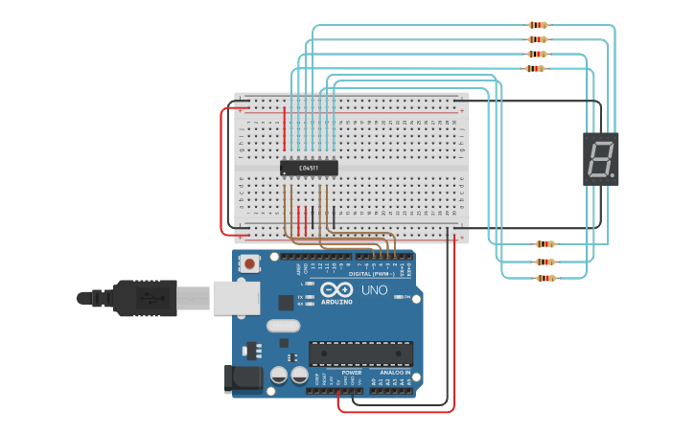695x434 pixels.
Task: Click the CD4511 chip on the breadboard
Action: [x=309, y=168]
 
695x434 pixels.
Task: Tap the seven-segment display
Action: [x=601, y=158]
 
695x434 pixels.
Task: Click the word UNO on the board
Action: [x=374, y=289]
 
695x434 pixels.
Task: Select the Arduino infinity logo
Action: [x=337, y=289]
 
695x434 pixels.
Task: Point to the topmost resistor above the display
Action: [x=538, y=25]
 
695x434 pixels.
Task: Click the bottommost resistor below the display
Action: [x=545, y=278]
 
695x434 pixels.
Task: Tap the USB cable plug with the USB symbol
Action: [x=144, y=297]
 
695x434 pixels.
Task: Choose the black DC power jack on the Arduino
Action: [x=242, y=377]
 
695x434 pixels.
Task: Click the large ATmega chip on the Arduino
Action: [x=360, y=353]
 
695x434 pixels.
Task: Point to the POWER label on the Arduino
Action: [x=338, y=373]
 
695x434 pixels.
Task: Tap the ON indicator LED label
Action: [x=408, y=298]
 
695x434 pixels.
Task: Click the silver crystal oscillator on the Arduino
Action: [x=283, y=325]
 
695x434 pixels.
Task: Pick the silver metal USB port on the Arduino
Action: [x=235, y=297]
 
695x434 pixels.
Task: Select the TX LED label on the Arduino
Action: [x=300, y=297]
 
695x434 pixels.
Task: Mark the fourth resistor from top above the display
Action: [x=535, y=69]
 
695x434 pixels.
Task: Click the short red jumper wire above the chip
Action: [x=284, y=128]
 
